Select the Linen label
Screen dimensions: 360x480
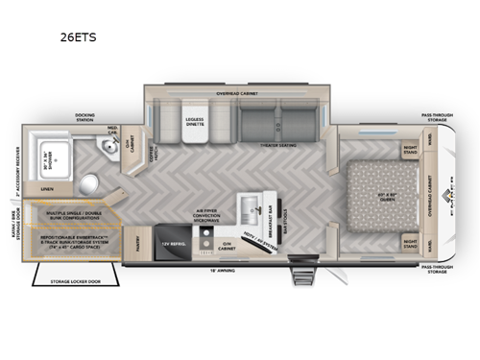[48, 190]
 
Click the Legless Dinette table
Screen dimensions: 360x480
[195, 125]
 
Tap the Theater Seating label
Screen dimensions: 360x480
[279, 147]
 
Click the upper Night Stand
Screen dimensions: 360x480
[409, 150]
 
